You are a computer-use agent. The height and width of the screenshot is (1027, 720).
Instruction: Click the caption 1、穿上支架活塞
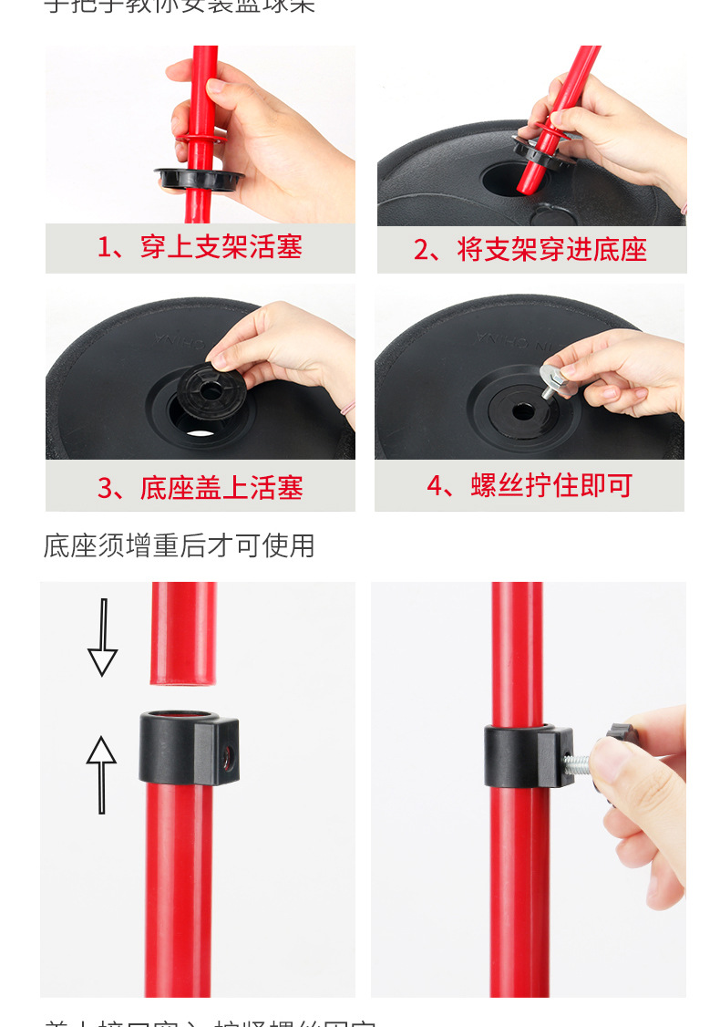(200, 247)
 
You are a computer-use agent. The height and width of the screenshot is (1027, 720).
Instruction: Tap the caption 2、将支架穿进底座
(530, 249)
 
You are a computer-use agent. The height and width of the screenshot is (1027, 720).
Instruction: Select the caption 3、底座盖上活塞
(200, 488)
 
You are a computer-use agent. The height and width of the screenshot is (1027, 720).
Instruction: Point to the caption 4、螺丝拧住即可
(530, 485)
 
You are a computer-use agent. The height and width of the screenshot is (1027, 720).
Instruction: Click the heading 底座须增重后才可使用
(180, 545)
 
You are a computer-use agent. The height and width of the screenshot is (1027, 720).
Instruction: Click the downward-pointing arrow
(102, 638)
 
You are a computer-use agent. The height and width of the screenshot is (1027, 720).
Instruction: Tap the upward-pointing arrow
(101, 774)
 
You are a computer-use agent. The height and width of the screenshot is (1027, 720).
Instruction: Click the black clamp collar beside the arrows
(188, 747)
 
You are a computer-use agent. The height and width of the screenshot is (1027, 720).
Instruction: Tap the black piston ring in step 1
(200, 178)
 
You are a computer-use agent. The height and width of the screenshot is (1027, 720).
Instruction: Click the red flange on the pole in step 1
(201, 138)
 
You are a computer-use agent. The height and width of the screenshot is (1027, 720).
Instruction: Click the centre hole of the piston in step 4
(523, 411)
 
